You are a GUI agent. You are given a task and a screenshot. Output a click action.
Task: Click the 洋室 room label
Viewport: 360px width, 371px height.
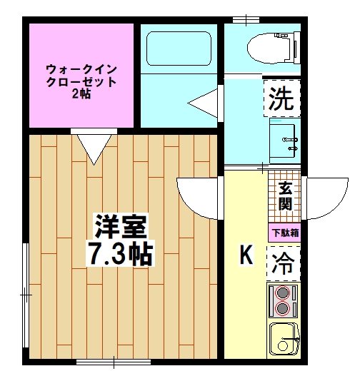[121, 228]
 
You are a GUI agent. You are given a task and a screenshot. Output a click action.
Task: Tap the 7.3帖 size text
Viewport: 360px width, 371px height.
[121, 254]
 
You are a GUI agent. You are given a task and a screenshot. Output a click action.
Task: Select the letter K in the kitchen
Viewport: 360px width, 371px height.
[246, 254]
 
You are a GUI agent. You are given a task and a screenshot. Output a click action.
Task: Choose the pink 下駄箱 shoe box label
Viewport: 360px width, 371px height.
[284, 233]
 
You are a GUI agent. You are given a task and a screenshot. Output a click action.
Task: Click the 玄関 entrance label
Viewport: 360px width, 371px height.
[285, 197]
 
